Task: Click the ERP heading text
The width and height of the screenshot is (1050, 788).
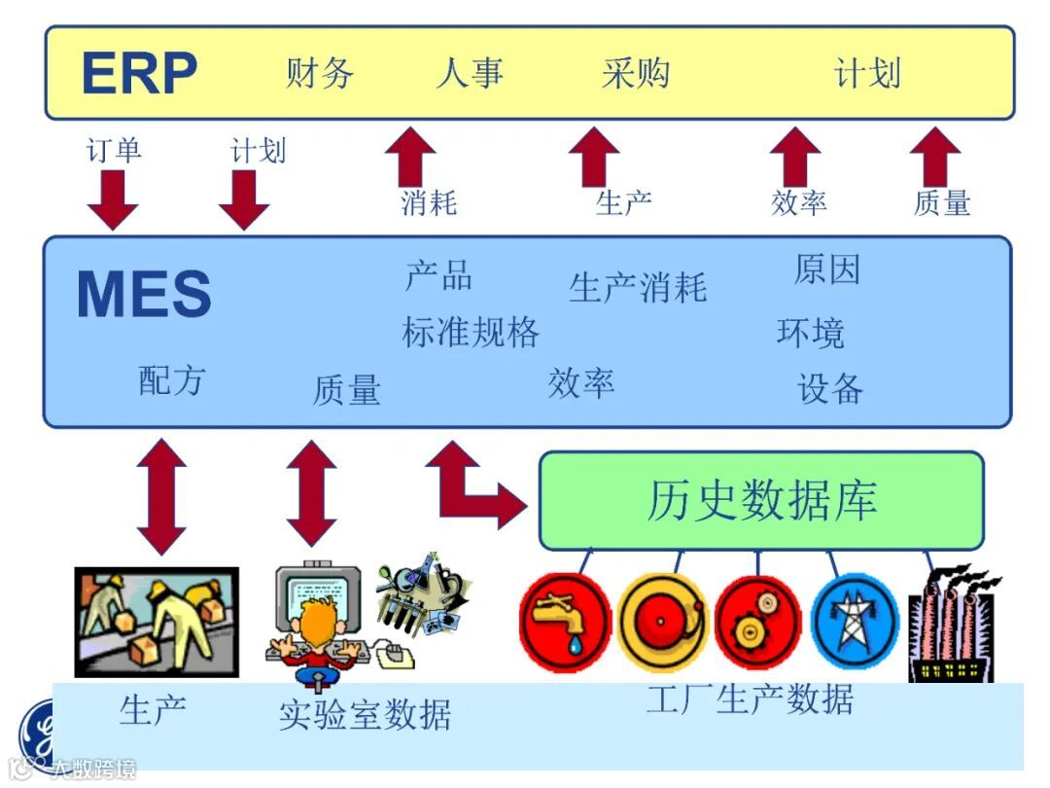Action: tap(139, 73)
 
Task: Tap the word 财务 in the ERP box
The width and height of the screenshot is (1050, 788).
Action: tap(320, 73)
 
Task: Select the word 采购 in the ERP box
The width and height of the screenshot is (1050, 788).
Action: tap(636, 73)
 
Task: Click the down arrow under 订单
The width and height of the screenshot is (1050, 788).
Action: tap(113, 198)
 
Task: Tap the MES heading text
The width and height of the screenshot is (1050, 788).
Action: tap(144, 295)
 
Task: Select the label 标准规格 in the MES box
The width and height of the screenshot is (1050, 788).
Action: tap(471, 333)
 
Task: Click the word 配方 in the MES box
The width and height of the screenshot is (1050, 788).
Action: tap(172, 380)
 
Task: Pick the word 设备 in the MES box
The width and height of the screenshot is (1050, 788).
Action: tap(830, 389)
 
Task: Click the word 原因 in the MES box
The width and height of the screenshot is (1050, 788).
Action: tap(827, 269)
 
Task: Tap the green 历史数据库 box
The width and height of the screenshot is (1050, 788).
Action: tap(761, 501)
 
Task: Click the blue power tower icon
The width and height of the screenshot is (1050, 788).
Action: tap(855, 621)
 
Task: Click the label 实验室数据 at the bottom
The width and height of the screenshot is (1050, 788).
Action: tap(366, 715)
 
